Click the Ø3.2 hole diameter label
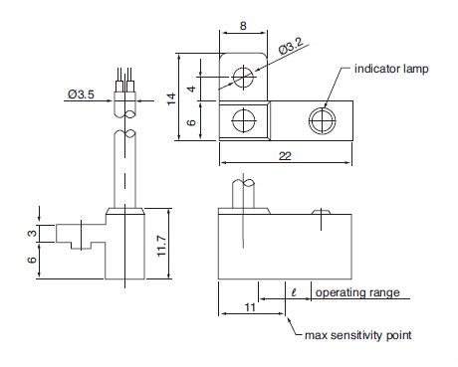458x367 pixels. click(291, 46)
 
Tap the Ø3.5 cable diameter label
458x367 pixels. click(81, 94)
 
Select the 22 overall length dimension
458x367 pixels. click(285, 156)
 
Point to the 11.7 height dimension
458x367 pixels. click(161, 246)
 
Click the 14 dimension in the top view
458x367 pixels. click(171, 99)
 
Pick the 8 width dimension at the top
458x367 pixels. click(243, 26)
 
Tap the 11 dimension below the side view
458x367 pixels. click(250, 307)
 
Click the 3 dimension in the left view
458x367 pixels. click(32, 234)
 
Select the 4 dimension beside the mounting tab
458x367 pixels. click(192, 89)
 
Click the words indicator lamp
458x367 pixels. click(391, 69)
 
